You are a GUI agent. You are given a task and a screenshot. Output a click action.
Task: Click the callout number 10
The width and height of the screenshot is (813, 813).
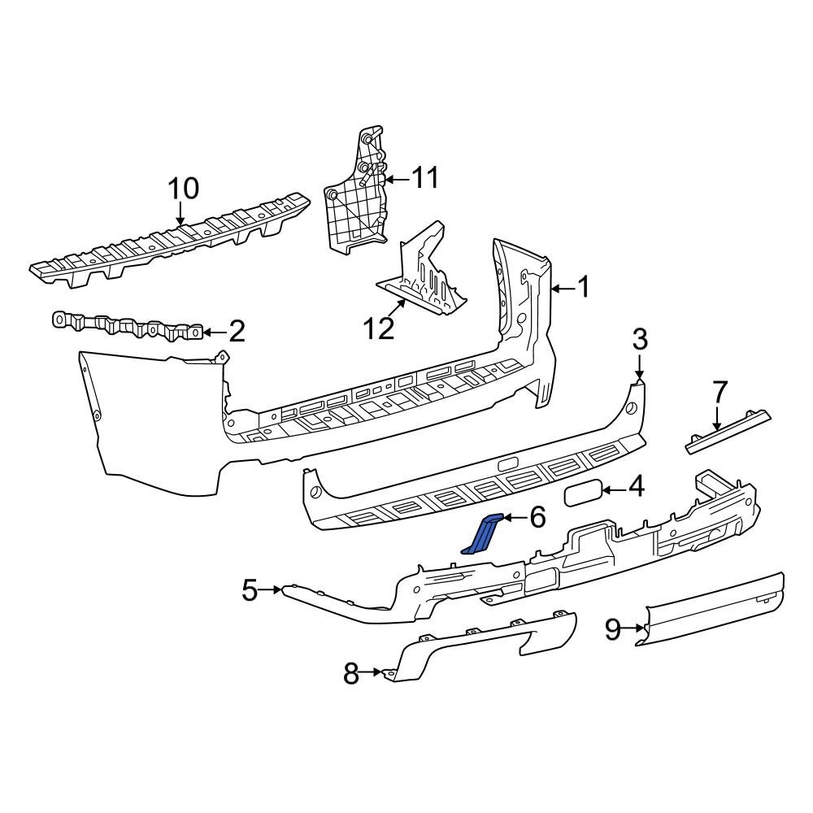click(x=183, y=189)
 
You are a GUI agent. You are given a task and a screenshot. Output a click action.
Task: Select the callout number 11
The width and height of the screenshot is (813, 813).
click(x=423, y=177)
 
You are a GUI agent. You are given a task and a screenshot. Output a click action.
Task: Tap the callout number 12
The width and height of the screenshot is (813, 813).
click(x=379, y=328)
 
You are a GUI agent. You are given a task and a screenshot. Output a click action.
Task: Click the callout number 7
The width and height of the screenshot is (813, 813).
click(x=720, y=392)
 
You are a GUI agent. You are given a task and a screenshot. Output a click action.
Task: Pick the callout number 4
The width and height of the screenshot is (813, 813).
click(x=635, y=488)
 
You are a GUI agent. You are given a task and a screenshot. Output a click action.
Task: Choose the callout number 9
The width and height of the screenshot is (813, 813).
click(x=612, y=627)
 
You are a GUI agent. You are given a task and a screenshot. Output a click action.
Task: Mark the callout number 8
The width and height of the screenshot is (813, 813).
click(x=351, y=673)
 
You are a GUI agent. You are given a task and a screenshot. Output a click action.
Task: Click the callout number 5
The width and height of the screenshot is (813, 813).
click(x=250, y=589)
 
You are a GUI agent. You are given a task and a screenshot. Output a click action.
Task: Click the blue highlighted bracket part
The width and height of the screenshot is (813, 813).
click(x=482, y=535)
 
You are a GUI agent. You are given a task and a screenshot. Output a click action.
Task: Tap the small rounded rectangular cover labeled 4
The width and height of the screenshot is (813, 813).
click(x=581, y=493)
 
